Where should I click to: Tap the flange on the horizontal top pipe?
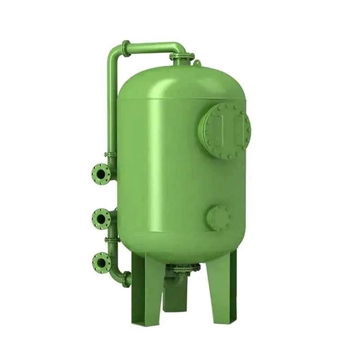coord(126,47)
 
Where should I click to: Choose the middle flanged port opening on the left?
coord(100,219)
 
